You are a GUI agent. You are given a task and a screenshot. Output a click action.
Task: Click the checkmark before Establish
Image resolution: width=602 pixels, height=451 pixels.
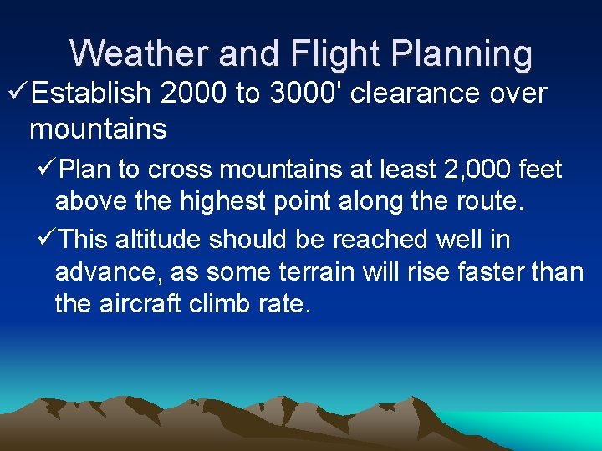click(16, 94)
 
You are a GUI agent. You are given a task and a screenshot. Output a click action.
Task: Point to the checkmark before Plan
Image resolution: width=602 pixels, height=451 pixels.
click(48, 170)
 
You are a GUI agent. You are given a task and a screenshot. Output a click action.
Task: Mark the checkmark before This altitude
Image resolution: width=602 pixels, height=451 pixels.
click(48, 240)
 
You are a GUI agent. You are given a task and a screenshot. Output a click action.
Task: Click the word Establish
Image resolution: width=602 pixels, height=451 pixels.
click(90, 94)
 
